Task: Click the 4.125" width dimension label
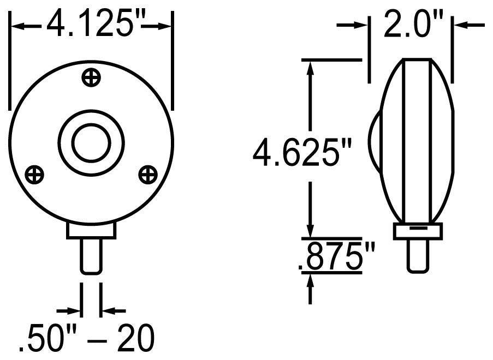pyautogui.click(x=91, y=24)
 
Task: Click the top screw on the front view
pyautogui.click(x=91, y=78)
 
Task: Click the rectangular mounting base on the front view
pyautogui.click(x=91, y=230)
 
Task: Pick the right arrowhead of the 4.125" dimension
pyautogui.click(x=166, y=25)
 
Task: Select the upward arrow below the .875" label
pyautogui.click(x=311, y=281)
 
